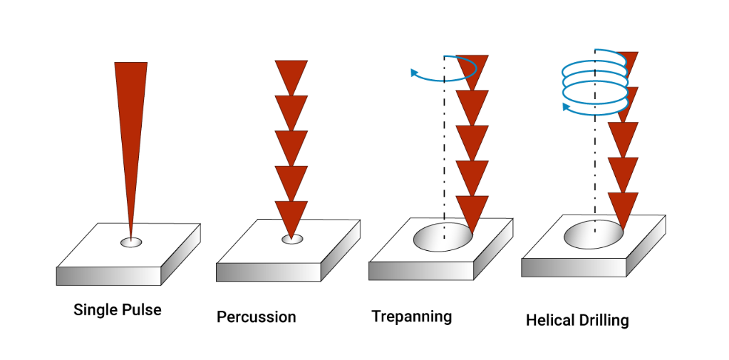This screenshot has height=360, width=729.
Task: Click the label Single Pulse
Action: pyautogui.click(x=117, y=310)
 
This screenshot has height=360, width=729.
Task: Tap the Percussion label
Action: pyautogui.click(x=256, y=317)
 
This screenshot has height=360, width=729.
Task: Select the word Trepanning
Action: pyautogui.click(x=411, y=316)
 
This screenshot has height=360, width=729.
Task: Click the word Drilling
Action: pyautogui.click(x=604, y=320)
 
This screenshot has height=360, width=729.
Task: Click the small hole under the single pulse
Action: pyautogui.click(x=130, y=242)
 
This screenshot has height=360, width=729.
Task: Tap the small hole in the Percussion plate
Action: pyautogui.click(x=291, y=239)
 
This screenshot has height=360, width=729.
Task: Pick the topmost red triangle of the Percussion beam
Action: pyautogui.click(x=291, y=75)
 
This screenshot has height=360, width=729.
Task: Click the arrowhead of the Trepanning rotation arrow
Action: pyautogui.click(x=414, y=71)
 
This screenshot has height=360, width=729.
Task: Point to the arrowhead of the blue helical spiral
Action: pyautogui.click(x=566, y=107)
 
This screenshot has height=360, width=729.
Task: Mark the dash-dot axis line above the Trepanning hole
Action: pyautogui.click(x=444, y=143)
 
